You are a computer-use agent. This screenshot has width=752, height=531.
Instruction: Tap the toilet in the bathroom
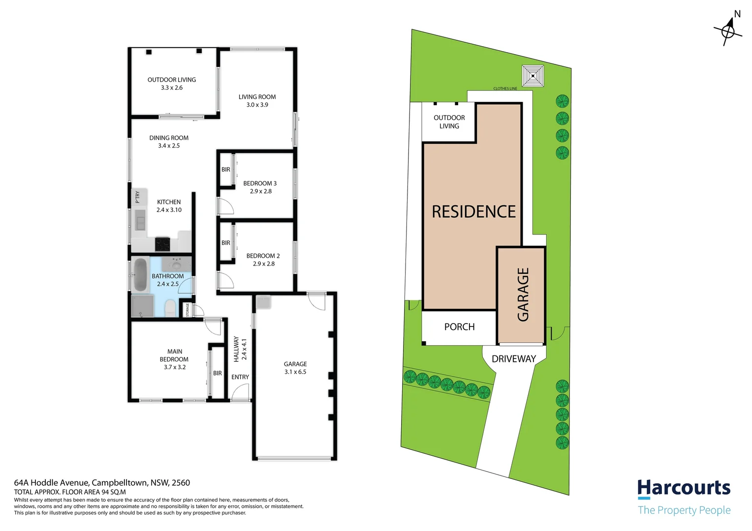click(170, 308)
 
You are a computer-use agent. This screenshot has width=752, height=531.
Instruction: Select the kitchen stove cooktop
click(162, 244)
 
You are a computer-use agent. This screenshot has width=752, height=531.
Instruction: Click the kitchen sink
click(140, 219)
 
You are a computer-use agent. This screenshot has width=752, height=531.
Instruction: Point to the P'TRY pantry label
click(137, 197)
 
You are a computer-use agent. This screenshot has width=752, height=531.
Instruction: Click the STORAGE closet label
click(187, 310)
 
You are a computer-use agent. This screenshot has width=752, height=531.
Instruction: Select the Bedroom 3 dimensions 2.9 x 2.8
click(260, 191)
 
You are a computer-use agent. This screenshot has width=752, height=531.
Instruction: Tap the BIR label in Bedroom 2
click(225, 243)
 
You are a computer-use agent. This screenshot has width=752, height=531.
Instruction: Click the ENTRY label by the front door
click(240, 377)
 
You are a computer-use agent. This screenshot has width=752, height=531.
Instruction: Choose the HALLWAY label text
click(236, 349)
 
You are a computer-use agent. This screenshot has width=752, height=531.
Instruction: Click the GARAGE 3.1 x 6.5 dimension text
click(295, 372)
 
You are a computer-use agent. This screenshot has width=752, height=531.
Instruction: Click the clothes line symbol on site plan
click(533, 76)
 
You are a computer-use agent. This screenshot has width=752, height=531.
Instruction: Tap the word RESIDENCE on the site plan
click(473, 212)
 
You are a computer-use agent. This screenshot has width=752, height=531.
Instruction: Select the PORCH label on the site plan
click(459, 327)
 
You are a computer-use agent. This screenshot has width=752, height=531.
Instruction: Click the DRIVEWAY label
click(514, 359)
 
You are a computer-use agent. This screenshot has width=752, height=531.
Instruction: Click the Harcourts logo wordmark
click(684, 488)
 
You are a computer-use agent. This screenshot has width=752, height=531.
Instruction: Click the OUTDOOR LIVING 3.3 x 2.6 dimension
click(171, 88)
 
